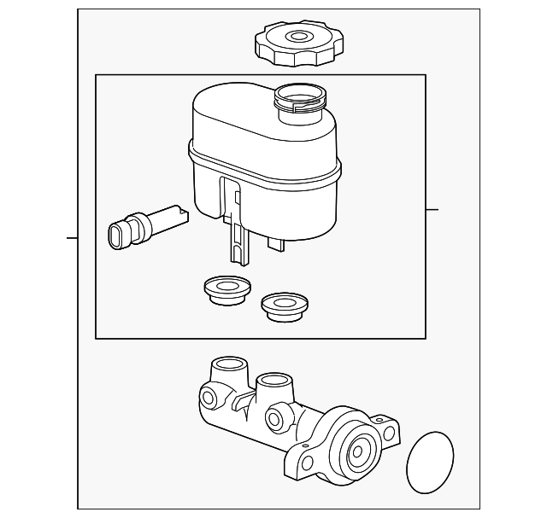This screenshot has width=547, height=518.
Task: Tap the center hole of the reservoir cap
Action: (x=297, y=37)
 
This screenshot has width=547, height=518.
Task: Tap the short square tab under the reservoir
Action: (x=275, y=243)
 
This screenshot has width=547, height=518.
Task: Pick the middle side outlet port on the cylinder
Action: (x=274, y=418)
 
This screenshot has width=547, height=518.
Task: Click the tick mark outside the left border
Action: (x=72, y=237)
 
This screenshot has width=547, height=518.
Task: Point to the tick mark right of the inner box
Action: (x=432, y=209)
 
